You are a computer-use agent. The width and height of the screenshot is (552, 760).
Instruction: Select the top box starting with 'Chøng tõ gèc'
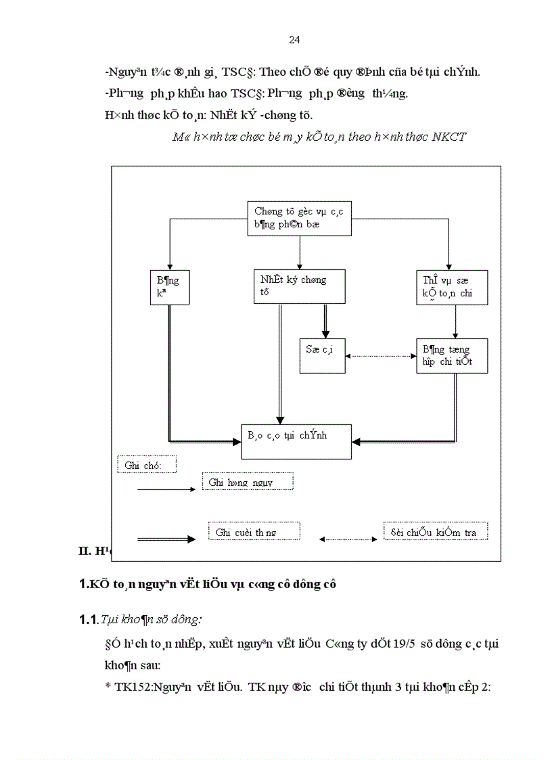[299, 218]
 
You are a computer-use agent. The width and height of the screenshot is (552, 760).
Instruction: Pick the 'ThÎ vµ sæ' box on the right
[452, 287]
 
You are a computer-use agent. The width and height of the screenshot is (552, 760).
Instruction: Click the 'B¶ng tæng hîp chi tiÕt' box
[452, 355]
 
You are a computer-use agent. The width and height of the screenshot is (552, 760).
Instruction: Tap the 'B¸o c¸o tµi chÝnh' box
[296, 441]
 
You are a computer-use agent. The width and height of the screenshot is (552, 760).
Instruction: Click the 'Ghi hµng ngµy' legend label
[248, 481]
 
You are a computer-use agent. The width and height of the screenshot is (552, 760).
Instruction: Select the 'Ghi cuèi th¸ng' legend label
[254, 532]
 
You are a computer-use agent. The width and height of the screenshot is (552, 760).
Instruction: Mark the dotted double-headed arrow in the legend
[348, 539]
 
